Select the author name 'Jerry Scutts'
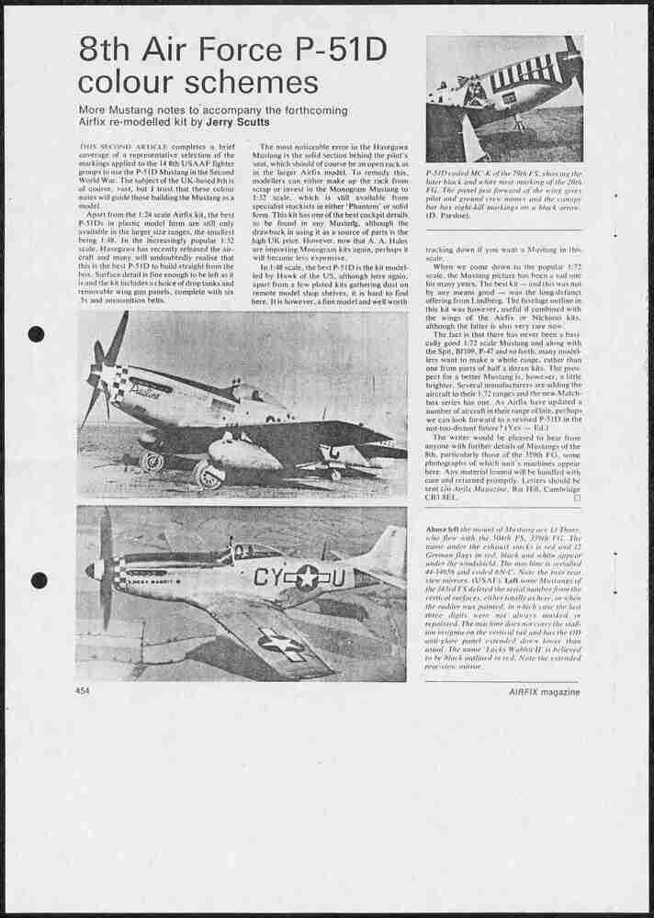pos(241,122)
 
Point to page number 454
pos(83,691)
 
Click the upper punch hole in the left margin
pos(37,333)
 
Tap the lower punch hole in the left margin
pos(39,580)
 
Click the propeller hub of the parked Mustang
pos(95,377)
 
